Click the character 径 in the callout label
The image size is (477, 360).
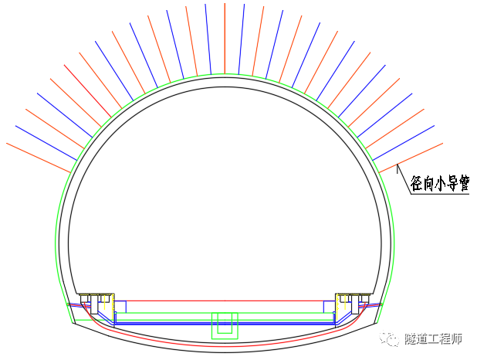[x=416, y=183]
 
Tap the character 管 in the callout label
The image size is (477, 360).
[x=464, y=183]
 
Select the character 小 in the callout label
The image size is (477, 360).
[x=440, y=184]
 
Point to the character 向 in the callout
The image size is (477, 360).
[x=428, y=184]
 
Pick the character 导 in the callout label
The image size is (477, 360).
[x=452, y=184]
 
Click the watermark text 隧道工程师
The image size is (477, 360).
[x=433, y=338]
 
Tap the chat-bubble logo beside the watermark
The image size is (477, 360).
[x=389, y=338]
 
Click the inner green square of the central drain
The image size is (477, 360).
[x=225, y=323]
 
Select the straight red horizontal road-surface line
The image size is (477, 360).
[x=225, y=301]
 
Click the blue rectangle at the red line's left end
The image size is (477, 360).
[x=120, y=307]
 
